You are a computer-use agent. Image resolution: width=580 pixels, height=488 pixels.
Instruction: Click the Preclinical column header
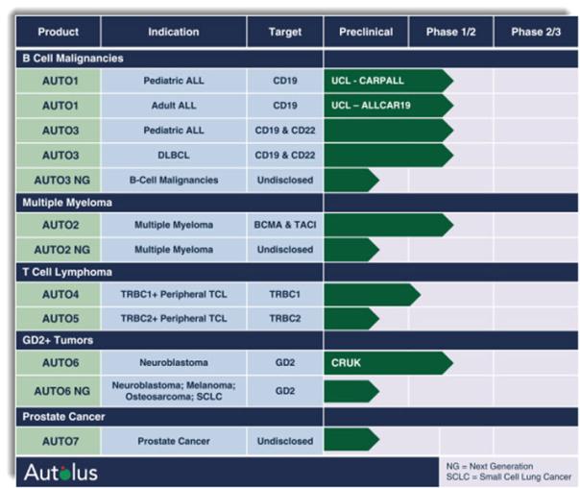point(366,32)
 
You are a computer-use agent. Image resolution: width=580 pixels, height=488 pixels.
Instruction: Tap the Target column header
point(284,32)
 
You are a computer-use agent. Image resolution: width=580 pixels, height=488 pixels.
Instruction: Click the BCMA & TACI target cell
point(284,225)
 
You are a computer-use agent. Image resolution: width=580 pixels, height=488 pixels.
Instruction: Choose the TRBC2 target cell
point(284,318)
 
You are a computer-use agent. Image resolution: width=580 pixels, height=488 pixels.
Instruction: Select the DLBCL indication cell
point(173,154)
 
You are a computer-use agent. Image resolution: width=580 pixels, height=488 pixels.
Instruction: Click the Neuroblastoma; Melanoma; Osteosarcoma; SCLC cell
point(173,391)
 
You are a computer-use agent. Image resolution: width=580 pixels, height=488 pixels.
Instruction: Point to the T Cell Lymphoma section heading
point(67,272)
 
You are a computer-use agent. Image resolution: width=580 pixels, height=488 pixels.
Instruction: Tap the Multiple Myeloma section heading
point(67,203)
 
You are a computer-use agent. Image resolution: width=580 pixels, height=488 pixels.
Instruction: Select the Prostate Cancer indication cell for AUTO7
point(173,441)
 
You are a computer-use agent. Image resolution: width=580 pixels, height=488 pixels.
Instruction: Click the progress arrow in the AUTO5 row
point(350,318)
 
